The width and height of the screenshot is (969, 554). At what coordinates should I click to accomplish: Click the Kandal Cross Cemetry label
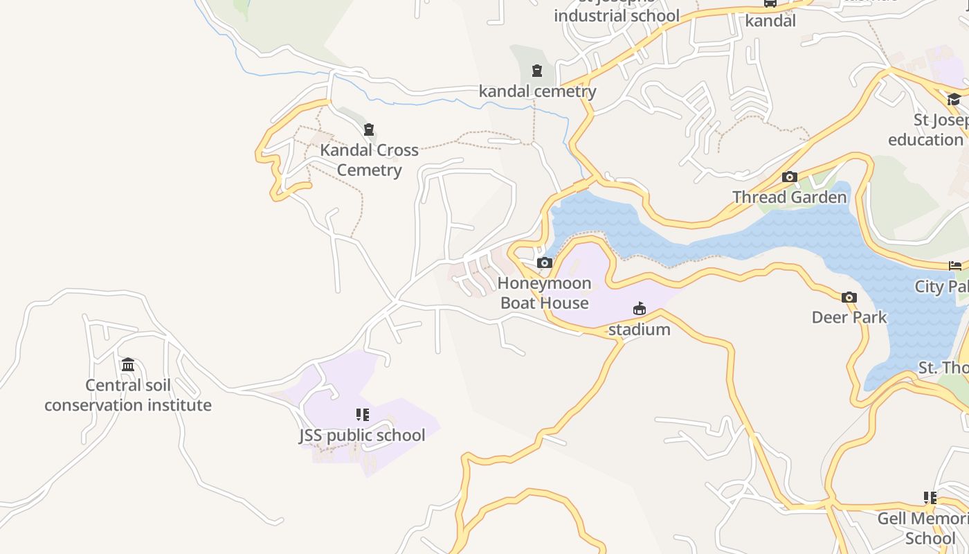tap(369, 160)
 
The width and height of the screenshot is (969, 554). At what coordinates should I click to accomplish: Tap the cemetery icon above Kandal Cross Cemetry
tap(369, 129)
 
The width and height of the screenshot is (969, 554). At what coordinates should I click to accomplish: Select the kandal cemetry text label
tap(537, 91)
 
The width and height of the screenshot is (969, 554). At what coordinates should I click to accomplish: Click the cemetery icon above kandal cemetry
tap(536, 71)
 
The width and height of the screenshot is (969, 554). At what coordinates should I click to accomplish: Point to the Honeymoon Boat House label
tap(545, 293)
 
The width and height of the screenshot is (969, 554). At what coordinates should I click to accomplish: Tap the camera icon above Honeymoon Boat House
tap(545, 263)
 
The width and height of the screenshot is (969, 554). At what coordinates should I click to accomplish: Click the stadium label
tap(639, 330)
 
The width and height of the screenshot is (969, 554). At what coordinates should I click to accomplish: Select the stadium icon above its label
tap(639, 309)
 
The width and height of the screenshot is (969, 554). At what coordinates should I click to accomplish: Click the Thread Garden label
tap(789, 197)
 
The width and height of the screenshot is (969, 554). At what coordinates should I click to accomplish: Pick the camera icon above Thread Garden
tap(789, 177)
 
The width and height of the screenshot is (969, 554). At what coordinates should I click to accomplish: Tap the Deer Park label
tap(849, 318)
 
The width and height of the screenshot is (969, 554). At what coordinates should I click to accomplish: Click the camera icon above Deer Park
tap(849, 298)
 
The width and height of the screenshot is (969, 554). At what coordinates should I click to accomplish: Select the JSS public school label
tap(362, 436)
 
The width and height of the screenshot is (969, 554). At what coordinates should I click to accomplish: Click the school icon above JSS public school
tap(362, 415)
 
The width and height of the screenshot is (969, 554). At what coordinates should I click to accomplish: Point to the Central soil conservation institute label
tap(128, 395)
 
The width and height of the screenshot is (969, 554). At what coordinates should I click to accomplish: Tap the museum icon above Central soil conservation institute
tap(128, 365)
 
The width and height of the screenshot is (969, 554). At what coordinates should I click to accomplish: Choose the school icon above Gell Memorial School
tap(930, 498)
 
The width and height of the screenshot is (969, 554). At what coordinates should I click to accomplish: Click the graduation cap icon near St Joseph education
tap(954, 100)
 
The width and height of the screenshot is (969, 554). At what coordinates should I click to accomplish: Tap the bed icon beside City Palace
tap(955, 266)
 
